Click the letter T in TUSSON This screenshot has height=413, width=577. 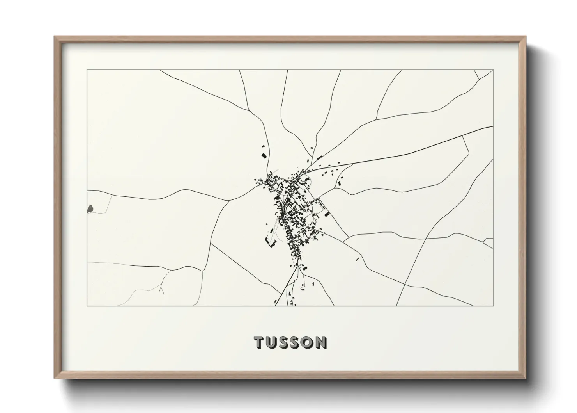pos(260,343)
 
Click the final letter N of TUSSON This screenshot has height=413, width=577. pos(321,343)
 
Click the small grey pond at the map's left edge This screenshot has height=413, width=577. pos(90,209)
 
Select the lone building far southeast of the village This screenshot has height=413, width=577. pos(357,259)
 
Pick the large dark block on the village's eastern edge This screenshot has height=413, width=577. pos(327,214)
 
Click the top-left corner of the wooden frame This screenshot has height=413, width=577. pos(55,37)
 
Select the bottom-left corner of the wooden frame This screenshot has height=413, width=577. pos(55,378)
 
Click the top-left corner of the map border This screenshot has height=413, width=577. pos(87,70)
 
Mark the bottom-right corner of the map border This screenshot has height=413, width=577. pos(493,306)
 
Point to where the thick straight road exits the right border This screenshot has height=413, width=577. pos(493,126)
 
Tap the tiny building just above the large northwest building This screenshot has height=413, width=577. pos(263,147)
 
